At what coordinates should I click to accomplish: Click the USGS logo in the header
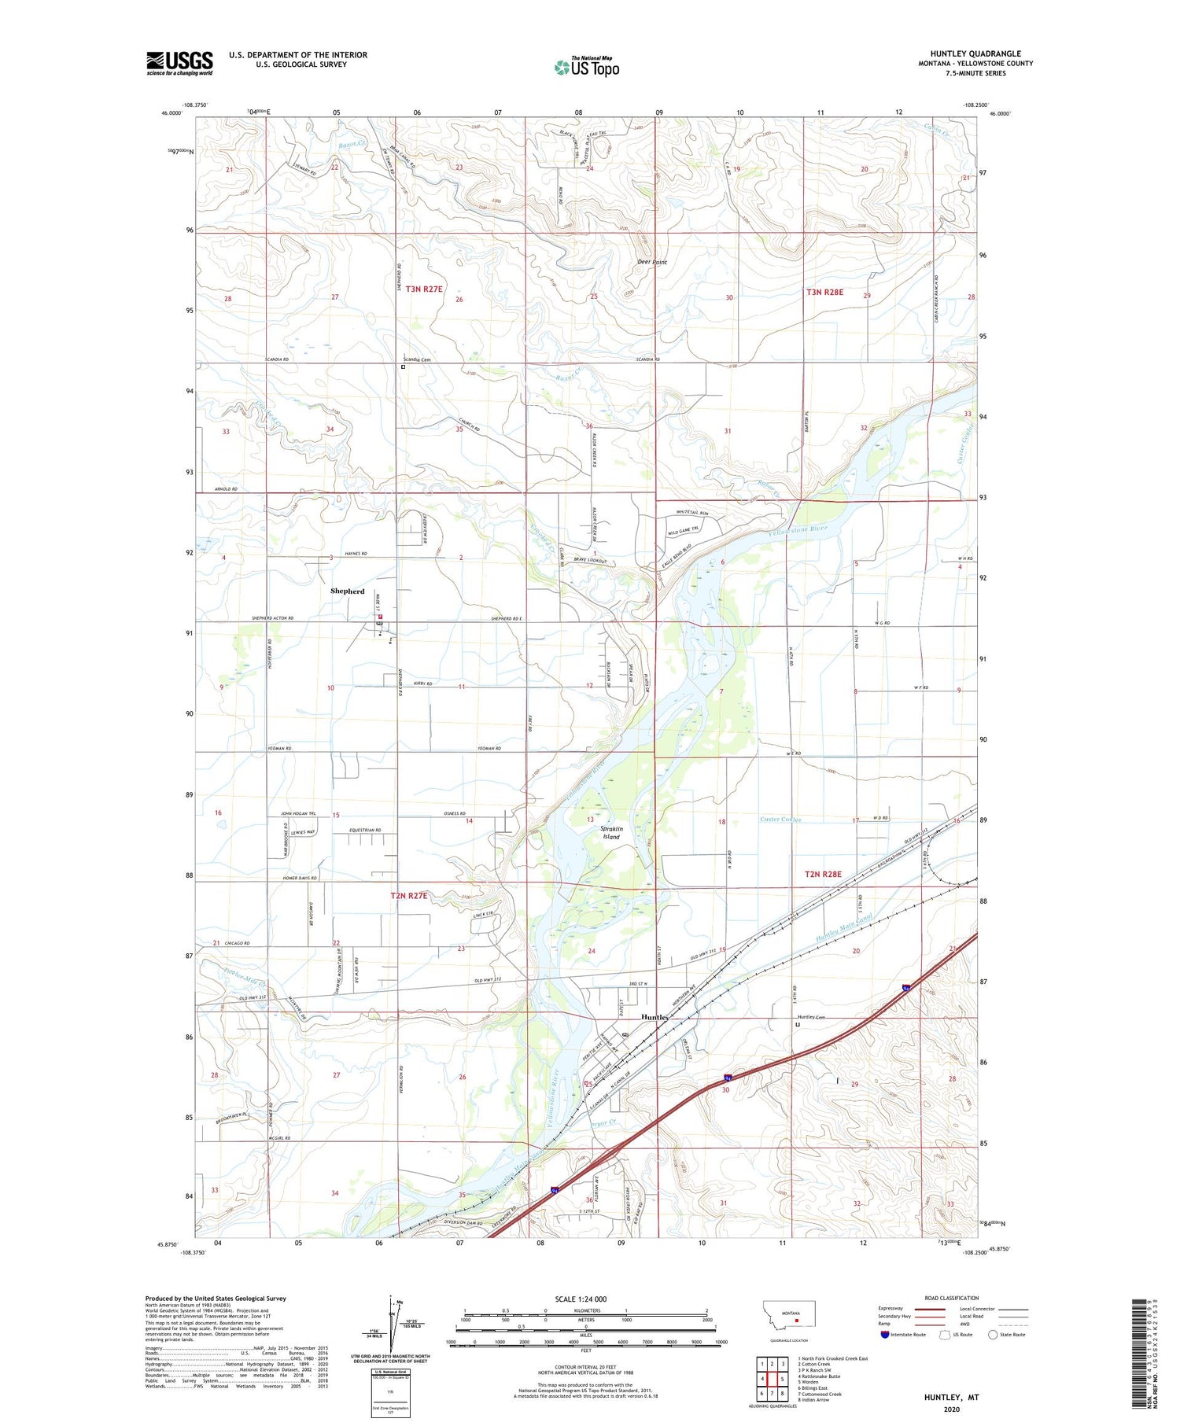[x=179, y=63]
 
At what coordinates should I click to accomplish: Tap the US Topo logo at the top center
[x=586, y=68]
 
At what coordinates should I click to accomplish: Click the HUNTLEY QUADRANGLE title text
[x=975, y=53]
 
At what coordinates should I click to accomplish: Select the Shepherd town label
[x=347, y=591]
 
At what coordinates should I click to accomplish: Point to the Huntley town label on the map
[x=655, y=1016]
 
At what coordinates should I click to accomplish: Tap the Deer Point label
[x=651, y=262]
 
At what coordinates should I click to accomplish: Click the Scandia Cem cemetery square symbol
[x=404, y=367]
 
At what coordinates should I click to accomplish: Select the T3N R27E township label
[x=425, y=289]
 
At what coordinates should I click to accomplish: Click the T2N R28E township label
[x=823, y=874]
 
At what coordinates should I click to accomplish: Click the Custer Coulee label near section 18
[x=780, y=820]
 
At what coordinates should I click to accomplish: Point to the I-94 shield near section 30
[x=730, y=1078]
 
